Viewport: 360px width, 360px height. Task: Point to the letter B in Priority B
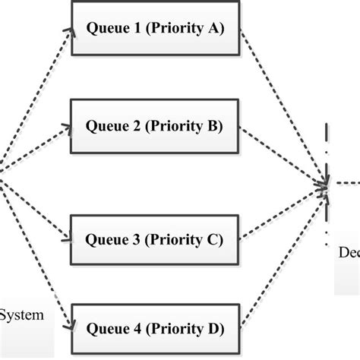213,128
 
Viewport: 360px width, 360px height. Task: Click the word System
26,312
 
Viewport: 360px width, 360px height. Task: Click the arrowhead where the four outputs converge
324,184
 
